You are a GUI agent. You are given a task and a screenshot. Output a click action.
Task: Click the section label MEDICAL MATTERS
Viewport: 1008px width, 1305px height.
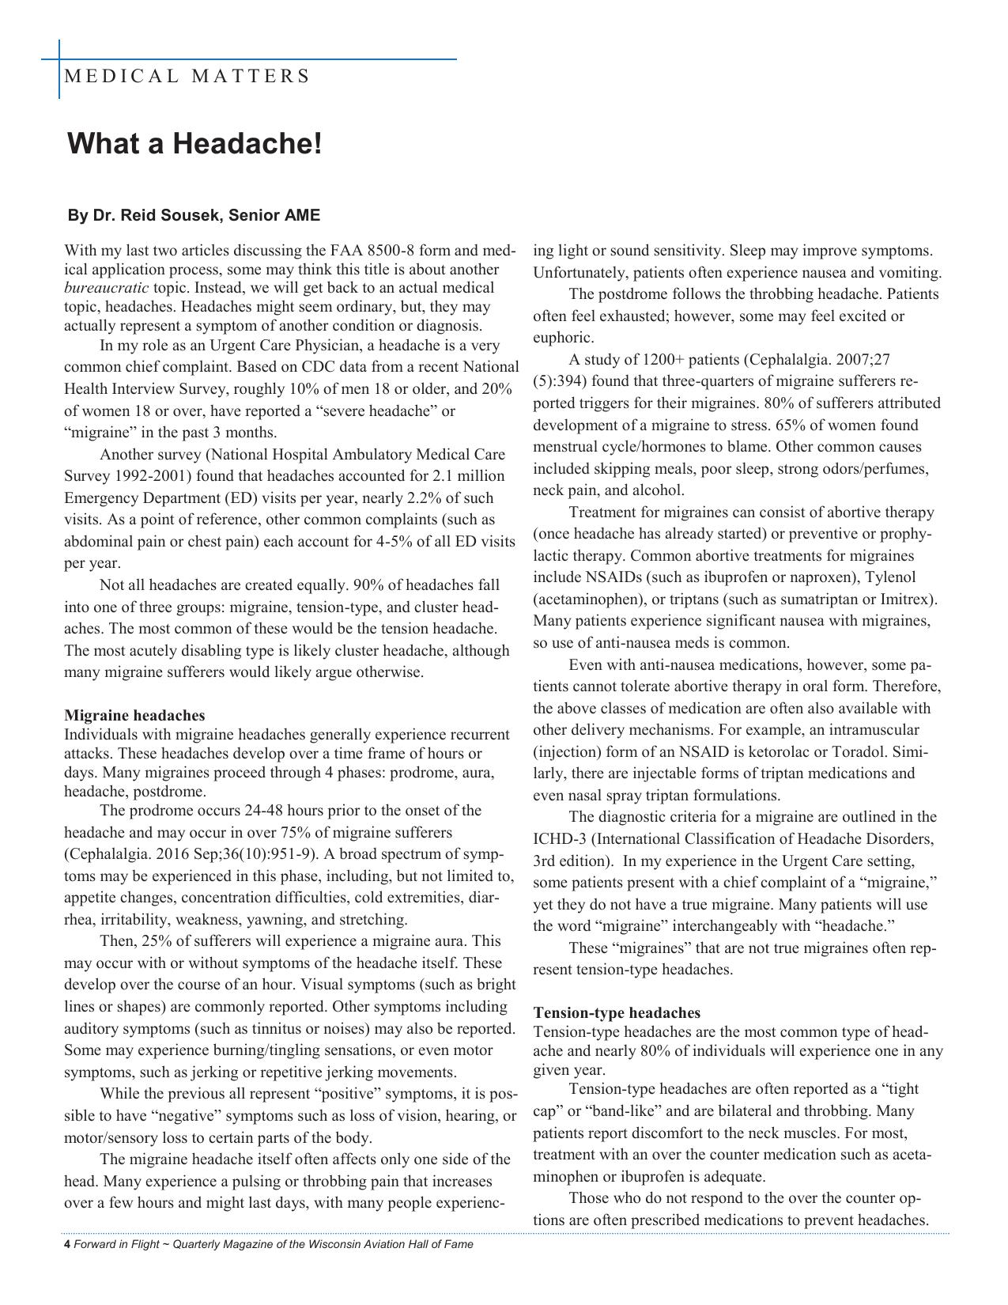coord(187,77)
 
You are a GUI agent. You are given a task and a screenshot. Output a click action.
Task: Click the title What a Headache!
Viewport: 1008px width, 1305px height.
coord(194,144)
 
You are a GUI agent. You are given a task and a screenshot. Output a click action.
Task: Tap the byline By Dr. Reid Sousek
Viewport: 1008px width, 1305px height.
coord(194,215)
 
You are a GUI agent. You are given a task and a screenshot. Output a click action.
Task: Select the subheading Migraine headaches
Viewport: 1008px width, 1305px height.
coord(134,716)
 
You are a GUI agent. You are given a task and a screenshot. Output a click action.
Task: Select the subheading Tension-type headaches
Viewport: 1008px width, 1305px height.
coord(617,1013)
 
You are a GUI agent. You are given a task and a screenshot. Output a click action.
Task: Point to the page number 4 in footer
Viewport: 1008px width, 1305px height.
coord(67,1244)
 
